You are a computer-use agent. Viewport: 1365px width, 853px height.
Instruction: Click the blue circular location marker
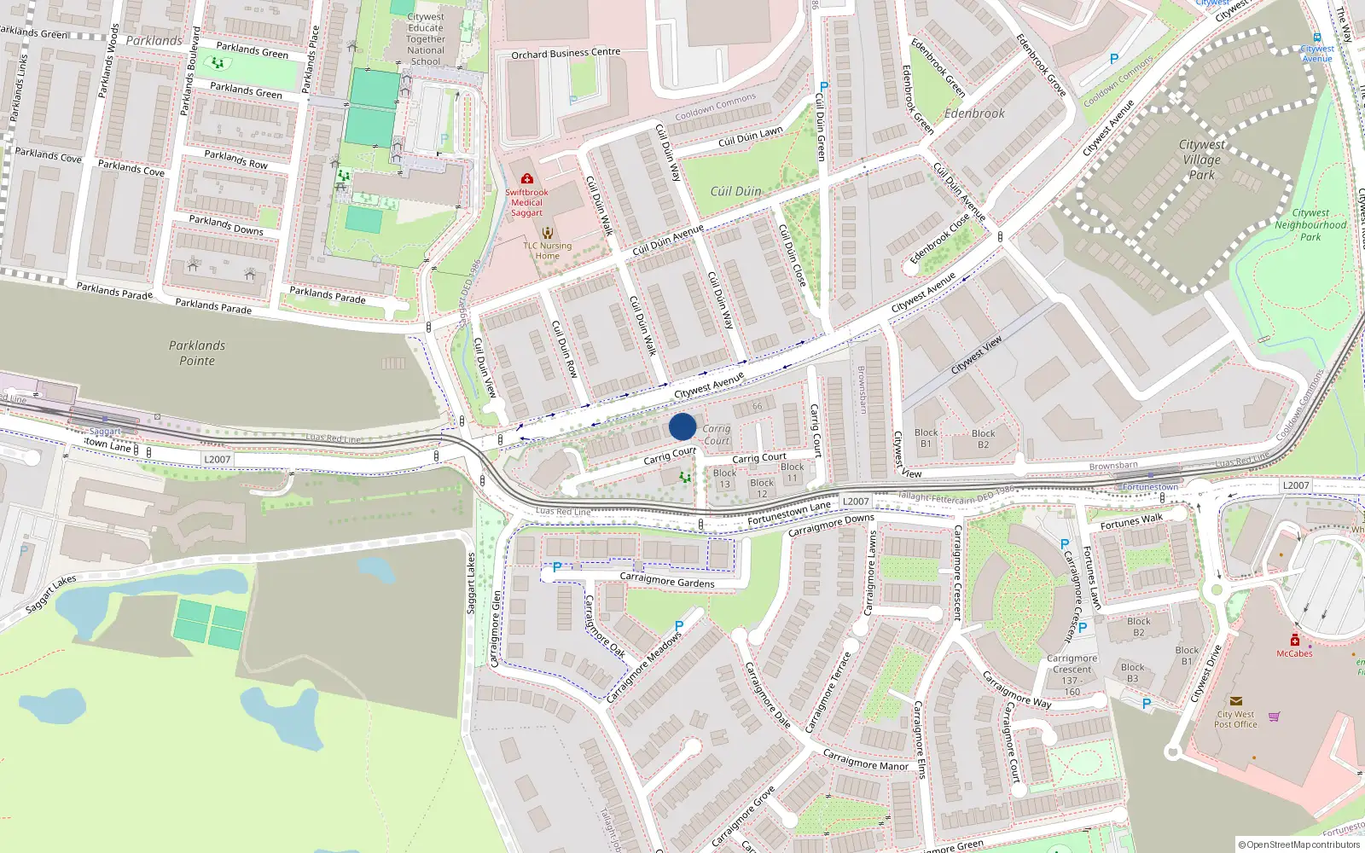click(682, 426)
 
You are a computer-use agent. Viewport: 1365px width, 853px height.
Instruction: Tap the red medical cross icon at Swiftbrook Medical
click(526, 179)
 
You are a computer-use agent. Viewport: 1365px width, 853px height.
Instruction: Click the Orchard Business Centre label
click(566, 53)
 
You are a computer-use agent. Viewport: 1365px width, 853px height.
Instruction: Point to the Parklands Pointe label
click(197, 353)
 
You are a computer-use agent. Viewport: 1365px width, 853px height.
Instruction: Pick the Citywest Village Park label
click(1201, 160)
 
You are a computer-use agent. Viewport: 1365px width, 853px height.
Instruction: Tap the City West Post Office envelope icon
click(1235, 701)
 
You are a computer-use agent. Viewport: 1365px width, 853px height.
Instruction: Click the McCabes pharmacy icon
click(1294, 640)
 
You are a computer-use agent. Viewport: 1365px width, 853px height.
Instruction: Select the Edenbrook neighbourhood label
click(974, 113)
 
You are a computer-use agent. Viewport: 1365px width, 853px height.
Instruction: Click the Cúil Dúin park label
click(735, 191)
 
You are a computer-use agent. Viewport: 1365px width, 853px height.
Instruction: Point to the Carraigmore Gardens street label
click(667, 581)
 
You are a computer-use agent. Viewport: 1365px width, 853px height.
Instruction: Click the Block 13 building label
click(724, 479)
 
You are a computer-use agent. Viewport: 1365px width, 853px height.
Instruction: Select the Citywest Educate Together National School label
click(426, 39)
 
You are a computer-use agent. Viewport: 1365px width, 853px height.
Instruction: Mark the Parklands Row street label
click(235, 160)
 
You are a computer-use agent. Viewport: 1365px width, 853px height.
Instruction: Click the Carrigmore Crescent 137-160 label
click(1072, 675)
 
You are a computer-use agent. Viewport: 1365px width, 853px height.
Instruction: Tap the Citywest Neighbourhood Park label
click(1310, 225)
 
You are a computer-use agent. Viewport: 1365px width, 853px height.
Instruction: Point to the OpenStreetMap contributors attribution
click(1298, 844)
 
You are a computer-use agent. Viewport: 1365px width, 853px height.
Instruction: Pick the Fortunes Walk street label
click(1131, 521)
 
